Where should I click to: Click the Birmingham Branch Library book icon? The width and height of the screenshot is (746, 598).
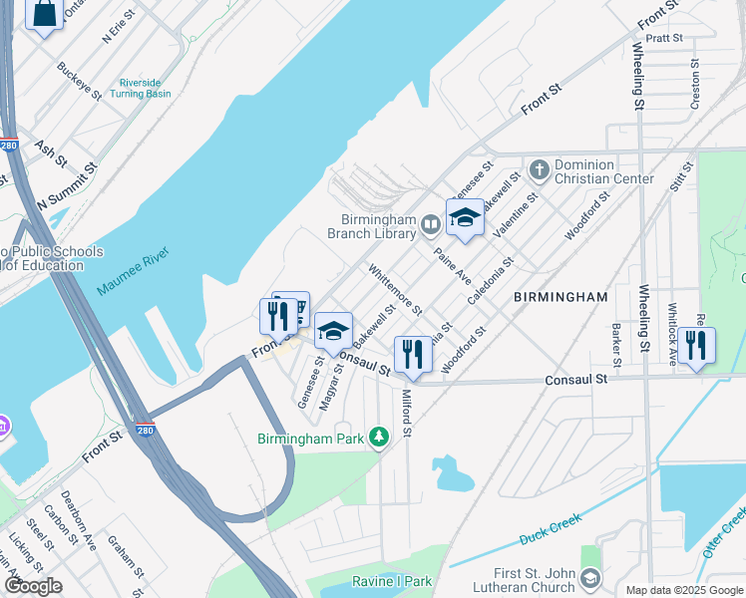[x=430, y=224]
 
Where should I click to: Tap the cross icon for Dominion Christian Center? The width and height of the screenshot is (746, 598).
[x=540, y=169]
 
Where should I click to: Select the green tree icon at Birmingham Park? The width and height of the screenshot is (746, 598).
[x=378, y=438]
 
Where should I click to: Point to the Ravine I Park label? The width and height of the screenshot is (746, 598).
[x=392, y=581]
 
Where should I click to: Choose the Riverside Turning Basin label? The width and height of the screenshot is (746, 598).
[x=145, y=88]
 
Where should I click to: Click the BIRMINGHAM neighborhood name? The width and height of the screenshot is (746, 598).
[x=560, y=297]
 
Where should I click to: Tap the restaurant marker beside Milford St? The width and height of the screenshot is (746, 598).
[x=412, y=354]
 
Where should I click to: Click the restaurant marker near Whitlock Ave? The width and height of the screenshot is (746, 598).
[x=696, y=345]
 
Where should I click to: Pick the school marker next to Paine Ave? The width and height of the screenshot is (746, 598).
[x=464, y=218]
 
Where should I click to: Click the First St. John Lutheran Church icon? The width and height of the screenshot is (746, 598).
[x=590, y=578]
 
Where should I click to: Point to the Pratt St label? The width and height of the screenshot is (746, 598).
[x=663, y=39]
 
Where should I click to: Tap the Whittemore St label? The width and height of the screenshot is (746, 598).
[x=395, y=289]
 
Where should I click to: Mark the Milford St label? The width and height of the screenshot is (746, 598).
[x=407, y=412]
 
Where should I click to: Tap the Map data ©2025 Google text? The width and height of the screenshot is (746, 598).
[x=683, y=590]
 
